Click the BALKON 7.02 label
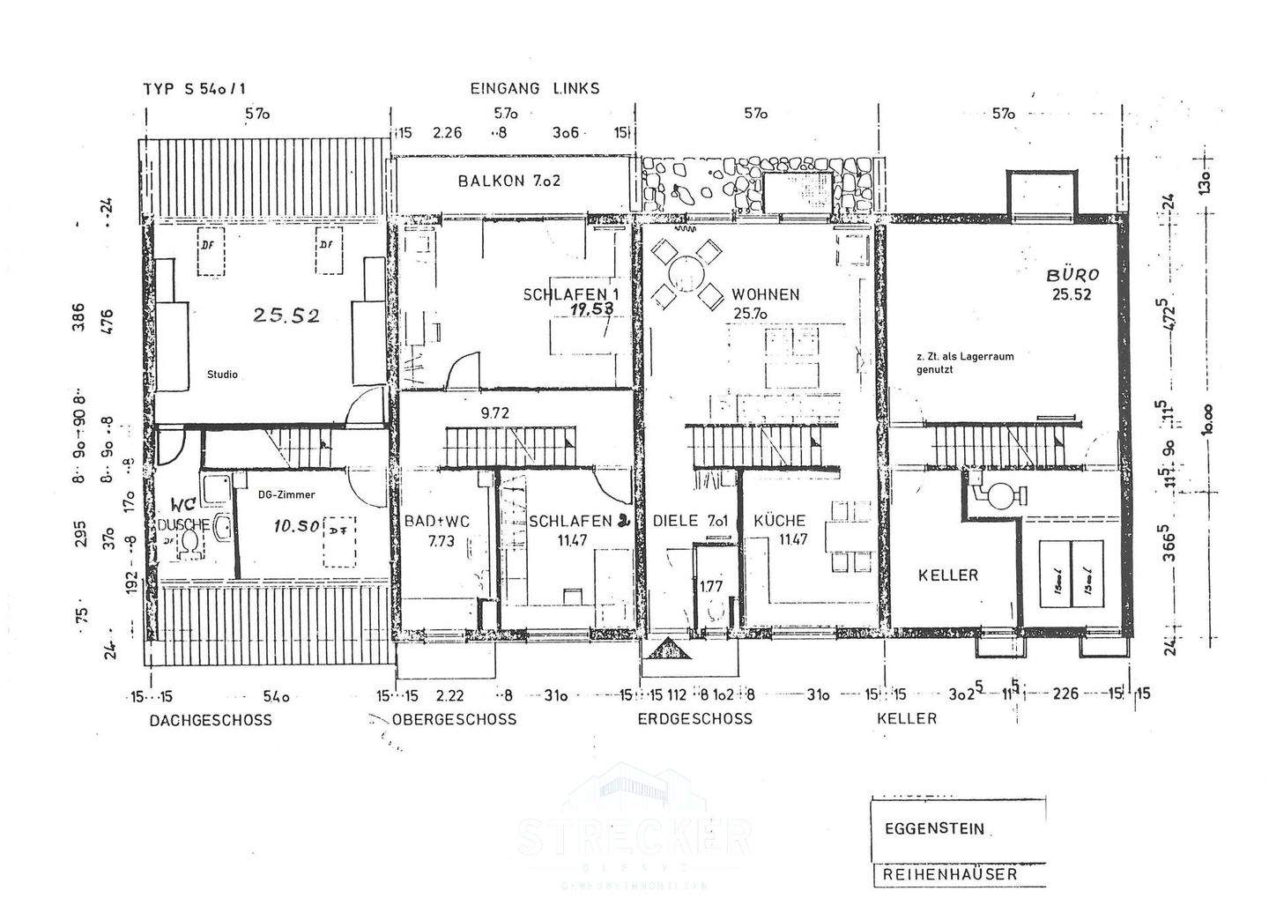pos(509,181)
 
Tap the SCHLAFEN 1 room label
pos(564,294)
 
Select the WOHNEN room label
pos(765,294)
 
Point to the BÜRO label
pos(1071,275)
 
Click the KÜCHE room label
pos(779,521)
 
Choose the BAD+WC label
pos(437,521)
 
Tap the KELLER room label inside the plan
pos(948,575)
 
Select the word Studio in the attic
pos(222,375)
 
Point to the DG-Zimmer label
pos(286,495)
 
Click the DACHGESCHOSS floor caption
pos(211,720)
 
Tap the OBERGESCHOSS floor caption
pos(455,719)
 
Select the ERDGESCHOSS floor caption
pos(695,718)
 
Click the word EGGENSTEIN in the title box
pos(934,829)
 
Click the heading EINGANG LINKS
pos(534,88)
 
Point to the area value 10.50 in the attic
pos(295,526)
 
